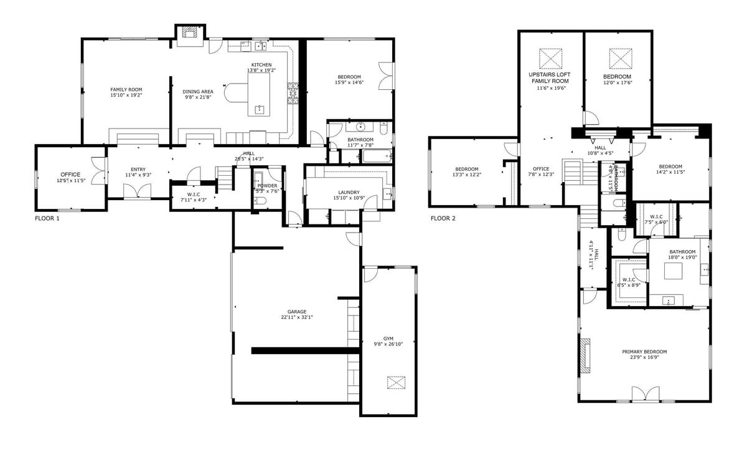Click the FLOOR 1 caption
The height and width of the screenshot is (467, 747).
(x=47, y=219)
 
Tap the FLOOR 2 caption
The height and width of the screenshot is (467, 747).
(x=443, y=219)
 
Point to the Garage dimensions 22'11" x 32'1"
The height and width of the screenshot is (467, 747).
(x=296, y=317)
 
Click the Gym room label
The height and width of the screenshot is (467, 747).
(x=388, y=338)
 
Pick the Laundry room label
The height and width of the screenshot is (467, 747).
(x=349, y=193)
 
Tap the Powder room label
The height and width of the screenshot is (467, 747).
(x=268, y=186)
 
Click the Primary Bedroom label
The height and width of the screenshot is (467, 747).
(x=644, y=352)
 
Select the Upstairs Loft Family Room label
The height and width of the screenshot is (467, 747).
(x=550, y=78)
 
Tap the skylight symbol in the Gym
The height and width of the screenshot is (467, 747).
(x=395, y=382)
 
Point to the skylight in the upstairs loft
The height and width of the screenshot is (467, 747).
(x=550, y=58)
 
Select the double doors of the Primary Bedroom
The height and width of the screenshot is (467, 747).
(x=645, y=394)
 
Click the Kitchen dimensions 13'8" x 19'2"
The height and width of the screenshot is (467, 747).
(x=261, y=70)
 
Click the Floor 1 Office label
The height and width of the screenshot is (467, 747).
(x=70, y=174)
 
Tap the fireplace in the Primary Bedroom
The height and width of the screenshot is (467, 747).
(x=585, y=356)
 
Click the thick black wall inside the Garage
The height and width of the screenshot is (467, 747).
(x=306, y=350)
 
